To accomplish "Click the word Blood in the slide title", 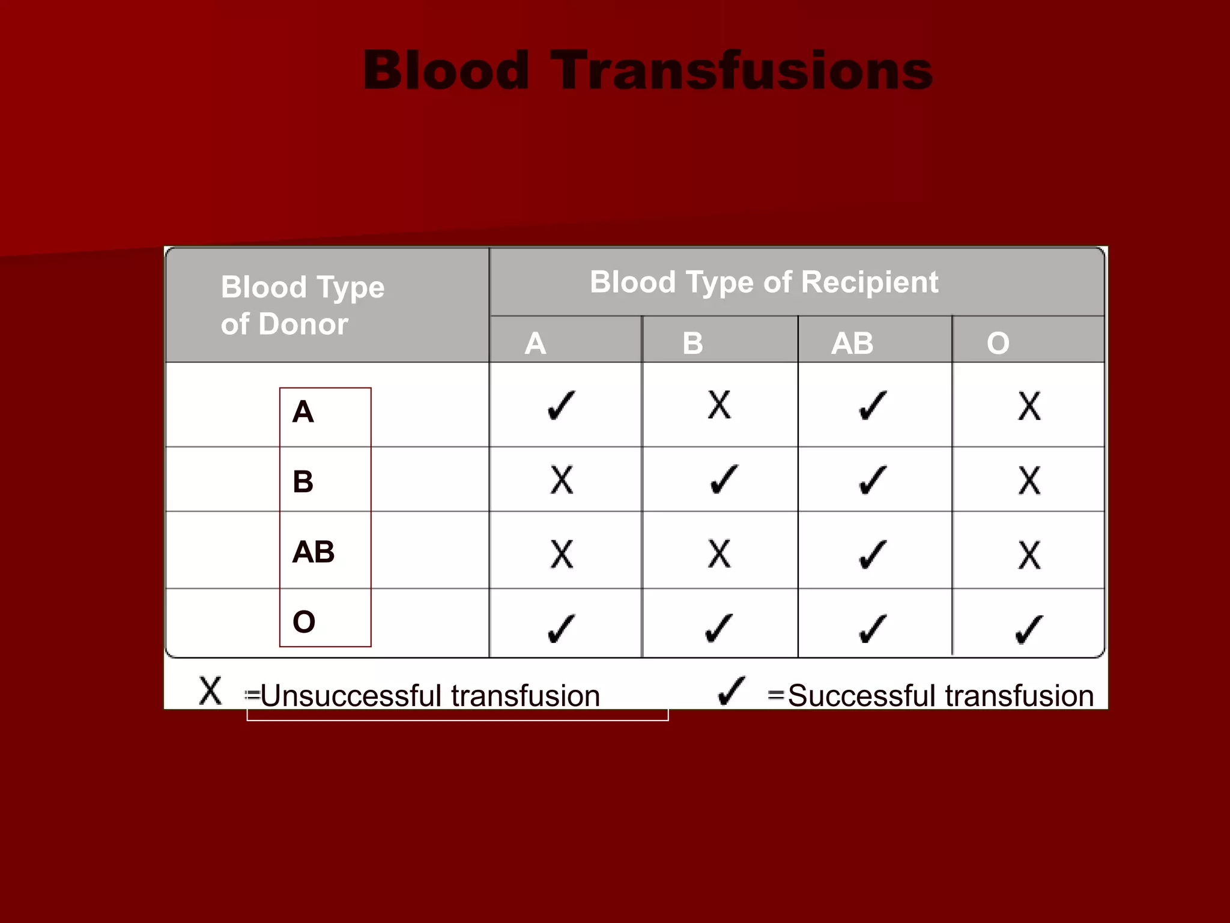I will coord(446,71).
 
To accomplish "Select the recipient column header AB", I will coord(852,343).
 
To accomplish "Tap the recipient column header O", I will coord(998,343).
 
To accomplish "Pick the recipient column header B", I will coord(692,343).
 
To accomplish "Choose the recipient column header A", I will coord(535,343).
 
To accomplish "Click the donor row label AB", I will coord(313,552).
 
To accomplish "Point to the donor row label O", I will coord(304,621).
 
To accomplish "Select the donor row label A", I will coord(303,412).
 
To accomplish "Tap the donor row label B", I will coord(303,481).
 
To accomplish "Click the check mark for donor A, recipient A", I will coord(562,406).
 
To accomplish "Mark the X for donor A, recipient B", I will coord(719,404).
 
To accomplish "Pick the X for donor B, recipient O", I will coord(1029,480).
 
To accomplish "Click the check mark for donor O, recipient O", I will coord(1029,629).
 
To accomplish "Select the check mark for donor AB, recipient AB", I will coord(873,554).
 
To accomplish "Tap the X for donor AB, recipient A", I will coord(562,554).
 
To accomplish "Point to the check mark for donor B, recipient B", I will coord(724,480).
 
